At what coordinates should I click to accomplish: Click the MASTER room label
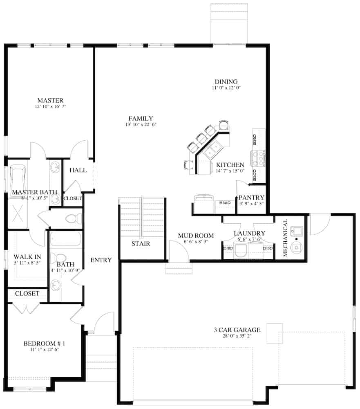click(x=50, y=100)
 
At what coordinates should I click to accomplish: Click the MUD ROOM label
click(x=196, y=236)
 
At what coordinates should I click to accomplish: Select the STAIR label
click(x=141, y=244)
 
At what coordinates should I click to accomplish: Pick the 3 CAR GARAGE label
click(x=237, y=330)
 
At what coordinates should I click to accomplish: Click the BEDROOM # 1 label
click(x=45, y=344)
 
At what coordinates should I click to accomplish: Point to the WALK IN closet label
click(x=27, y=256)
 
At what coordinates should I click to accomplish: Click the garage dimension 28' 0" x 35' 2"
click(x=237, y=336)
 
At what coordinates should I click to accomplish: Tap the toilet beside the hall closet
click(x=73, y=218)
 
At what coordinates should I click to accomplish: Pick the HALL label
click(x=78, y=170)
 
